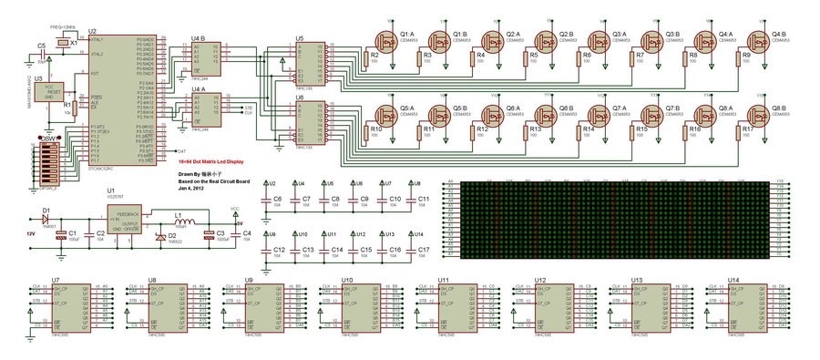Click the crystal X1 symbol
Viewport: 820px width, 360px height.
click(61, 43)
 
